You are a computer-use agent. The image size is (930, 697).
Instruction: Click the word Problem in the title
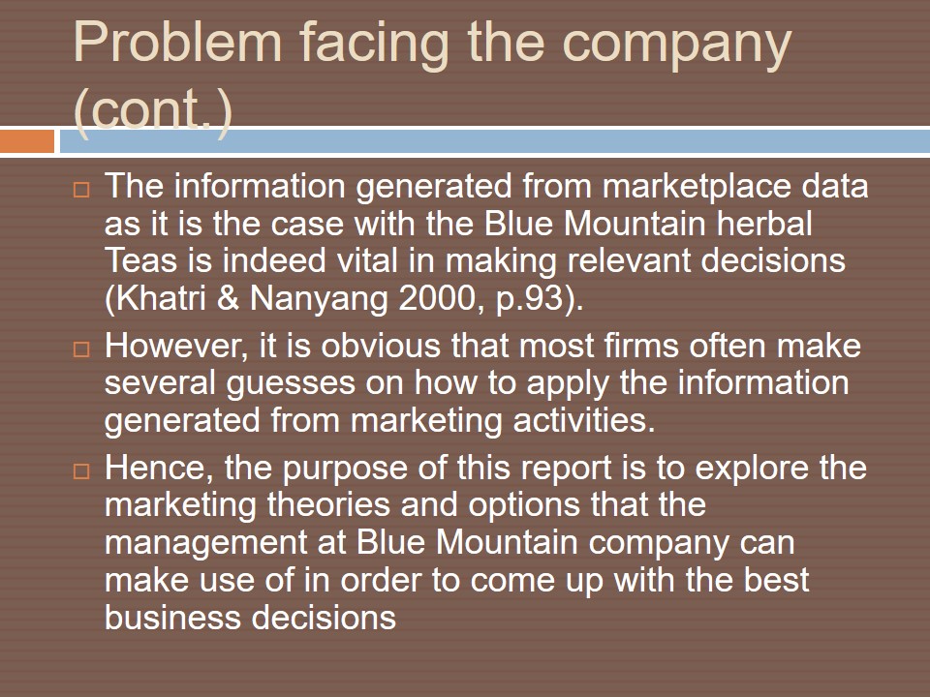coord(177,42)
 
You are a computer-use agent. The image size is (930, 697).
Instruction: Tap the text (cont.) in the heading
coord(152,110)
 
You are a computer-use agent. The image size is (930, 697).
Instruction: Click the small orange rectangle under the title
coord(27,141)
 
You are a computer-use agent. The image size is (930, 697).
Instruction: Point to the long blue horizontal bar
coord(495,141)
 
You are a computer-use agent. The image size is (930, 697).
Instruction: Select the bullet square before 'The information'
coord(81,190)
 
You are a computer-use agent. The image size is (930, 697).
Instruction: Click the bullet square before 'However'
coord(81,349)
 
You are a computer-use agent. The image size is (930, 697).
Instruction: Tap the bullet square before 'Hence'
coord(81,471)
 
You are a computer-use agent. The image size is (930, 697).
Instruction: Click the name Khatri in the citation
coord(155,297)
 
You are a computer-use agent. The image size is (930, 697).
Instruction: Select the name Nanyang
coord(319,299)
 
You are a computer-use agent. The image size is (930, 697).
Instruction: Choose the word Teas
coord(140,260)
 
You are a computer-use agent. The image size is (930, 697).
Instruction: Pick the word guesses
coord(291,384)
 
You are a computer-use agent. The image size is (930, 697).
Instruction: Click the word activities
coord(583,420)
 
